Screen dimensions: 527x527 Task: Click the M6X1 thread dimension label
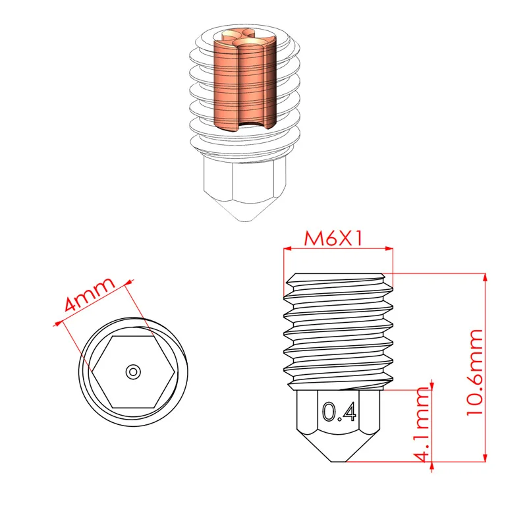333,238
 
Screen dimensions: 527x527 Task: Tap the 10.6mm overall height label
474,372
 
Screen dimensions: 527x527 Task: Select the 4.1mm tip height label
422,425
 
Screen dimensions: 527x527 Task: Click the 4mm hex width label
90,294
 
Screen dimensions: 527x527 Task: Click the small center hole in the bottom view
133,372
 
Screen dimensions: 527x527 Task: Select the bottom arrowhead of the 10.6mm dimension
485,457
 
